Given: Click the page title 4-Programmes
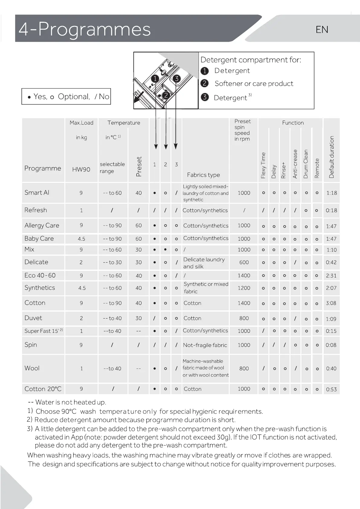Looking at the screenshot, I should pyautogui.click(x=85, y=29).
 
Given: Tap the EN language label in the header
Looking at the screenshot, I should pyautogui.click(x=322, y=30).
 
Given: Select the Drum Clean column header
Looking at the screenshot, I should pyautogui.click(x=306, y=164).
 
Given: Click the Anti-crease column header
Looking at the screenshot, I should pyautogui.click(x=295, y=164).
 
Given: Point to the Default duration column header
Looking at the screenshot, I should pyautogui.click(x=332, y=157).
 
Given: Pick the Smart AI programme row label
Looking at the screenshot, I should pyautogui.click(x=37, y=193).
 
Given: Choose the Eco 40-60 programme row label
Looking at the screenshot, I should pyautogui.click(x=40, y=275).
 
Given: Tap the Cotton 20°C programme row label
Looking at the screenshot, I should pyautogui.click(x=43, y=389).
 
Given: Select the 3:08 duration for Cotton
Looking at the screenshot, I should pyautogui.click(x=331, y=303).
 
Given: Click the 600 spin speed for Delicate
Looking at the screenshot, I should pyautogui.click(x=244, y=262).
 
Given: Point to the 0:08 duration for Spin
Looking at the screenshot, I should pyautogui.click(x=331, y=345).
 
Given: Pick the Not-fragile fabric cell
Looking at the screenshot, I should pyautogui.click(x=205, y=345).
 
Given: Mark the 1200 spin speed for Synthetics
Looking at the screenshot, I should pyautogui.click(x=244, y=288).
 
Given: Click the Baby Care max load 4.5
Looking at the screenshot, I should pyautogui.click(x=81, y=239).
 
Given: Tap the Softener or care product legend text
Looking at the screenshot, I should pyautogui.click(x=254, y=84).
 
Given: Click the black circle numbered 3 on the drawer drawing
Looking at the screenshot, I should pyautogui.click(x=176, y=79).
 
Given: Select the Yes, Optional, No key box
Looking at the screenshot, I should pyautogui.click(x=66, y=96).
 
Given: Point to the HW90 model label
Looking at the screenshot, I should pyautogui.click(x=81, y=170).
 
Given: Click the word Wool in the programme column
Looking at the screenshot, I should pyautogui.click(x=32, y=368).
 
